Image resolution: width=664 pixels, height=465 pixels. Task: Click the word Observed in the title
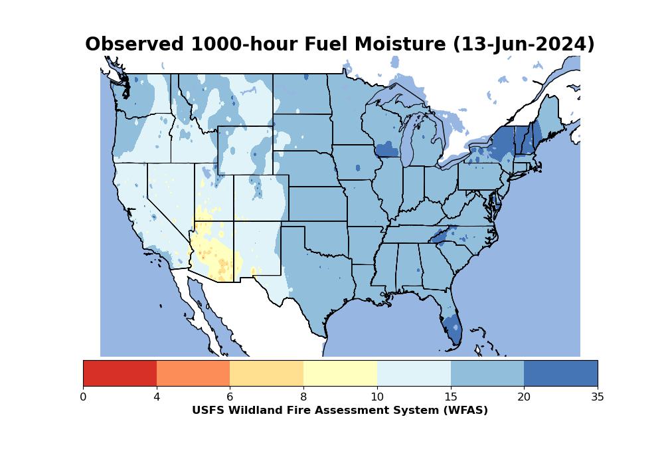[135, 45]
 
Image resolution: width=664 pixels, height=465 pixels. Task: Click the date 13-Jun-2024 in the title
[523, 45]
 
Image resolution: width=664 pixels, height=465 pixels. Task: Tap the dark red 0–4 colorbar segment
[120, 373]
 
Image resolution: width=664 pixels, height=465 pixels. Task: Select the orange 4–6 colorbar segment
[193, 373]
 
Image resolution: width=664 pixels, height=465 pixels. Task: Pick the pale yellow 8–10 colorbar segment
[340, 373]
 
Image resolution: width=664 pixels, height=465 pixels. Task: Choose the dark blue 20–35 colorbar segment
[560, 373]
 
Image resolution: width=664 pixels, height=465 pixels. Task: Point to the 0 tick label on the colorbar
[83, 397]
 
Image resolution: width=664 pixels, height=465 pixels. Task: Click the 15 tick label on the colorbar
[451, 397]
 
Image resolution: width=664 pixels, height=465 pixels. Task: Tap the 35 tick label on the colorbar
[598, 397]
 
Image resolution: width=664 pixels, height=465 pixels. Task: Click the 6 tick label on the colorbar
[230, 397]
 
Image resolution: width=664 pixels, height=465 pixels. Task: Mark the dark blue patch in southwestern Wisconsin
[386, 149]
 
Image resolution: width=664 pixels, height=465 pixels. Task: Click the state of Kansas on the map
[317, 203]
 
